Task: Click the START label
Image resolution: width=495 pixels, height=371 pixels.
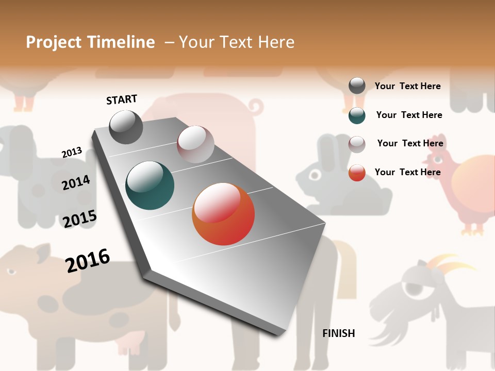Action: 122,99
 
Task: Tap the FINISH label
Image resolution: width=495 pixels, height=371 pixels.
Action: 338,333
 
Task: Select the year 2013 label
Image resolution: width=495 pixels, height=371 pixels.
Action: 72,153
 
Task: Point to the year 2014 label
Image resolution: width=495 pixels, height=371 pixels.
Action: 76,182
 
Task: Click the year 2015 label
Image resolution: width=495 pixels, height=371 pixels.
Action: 79,218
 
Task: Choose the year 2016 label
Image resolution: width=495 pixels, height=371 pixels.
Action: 88,261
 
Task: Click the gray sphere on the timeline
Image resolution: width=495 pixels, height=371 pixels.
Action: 126,127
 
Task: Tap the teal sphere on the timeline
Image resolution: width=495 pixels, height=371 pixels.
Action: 150,185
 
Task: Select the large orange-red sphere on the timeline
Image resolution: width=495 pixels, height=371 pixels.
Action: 223,214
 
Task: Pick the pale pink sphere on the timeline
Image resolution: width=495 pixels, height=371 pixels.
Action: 195,144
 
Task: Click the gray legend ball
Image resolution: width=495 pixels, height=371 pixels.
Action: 357,86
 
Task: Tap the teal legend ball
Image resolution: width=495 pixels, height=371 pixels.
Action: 357,115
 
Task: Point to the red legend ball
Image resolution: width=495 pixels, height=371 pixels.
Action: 357,173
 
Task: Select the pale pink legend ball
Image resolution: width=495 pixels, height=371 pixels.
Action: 357,144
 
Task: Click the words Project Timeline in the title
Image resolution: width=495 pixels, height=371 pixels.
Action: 90,42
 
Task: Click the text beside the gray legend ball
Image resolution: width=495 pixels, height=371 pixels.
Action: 407,86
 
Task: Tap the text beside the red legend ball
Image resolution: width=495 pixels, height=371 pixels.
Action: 407,172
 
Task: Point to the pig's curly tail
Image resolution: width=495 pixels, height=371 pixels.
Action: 255,107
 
